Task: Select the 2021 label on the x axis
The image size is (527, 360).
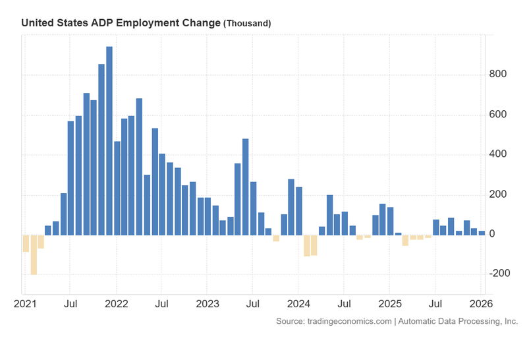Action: [x=26, y=305]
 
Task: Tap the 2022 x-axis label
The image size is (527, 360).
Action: [x=117, y=305]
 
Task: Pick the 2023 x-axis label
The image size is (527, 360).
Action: [x=208, y=305]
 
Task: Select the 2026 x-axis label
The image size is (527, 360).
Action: [x=480, y=305]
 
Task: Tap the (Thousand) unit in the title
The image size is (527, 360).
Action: [x=247, y=23]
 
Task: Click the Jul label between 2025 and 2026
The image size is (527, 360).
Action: [x=434, y=305]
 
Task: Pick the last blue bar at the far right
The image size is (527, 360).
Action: [x=482, y=233]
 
